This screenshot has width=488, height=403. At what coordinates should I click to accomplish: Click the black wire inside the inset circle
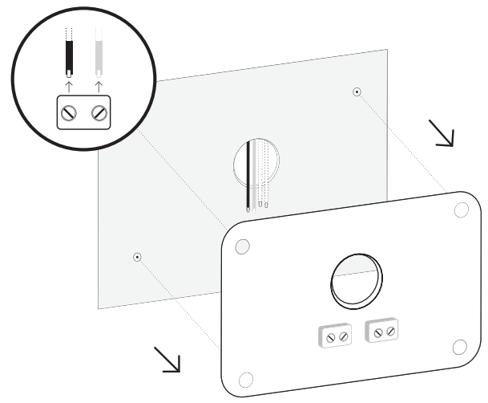click(x=69, y=51)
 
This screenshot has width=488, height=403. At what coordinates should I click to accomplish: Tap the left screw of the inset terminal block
click(x=71, y=113)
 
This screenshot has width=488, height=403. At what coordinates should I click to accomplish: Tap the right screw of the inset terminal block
click(x=99, y=113)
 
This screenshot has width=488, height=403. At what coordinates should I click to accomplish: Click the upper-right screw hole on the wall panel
click(x=357, y=92)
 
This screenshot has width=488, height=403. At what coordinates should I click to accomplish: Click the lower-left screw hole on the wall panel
click(x=137, y=257)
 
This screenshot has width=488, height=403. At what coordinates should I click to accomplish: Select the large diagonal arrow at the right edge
click(x=441, y=133)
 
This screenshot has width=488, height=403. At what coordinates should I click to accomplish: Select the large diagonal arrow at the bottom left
click(x=167, y=359)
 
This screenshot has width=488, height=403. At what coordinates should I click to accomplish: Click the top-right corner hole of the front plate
click(x=461, y=210)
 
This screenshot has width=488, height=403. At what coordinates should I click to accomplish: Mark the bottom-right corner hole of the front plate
click(x=459, y=346)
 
